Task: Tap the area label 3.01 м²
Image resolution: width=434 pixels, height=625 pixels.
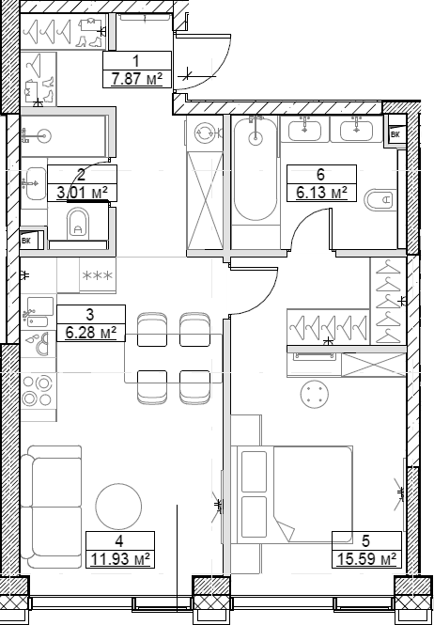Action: (81, 193)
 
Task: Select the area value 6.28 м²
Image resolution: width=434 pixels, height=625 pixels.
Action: (90, 333)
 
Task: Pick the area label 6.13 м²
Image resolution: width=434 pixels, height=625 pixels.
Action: (321, 192)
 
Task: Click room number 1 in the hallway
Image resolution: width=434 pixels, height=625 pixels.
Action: (136, 60)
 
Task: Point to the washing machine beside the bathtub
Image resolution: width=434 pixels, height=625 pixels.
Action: (205, 133)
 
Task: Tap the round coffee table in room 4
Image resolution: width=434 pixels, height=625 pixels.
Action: (120, 508)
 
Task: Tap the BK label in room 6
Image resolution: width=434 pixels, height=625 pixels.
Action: (395, 135)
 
